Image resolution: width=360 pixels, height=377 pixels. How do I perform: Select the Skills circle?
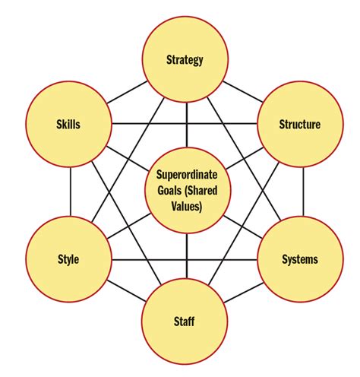click(68, 125)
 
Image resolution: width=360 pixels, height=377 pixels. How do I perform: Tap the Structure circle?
click(299, 125)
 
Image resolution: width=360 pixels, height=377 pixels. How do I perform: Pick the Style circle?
click(68, 259)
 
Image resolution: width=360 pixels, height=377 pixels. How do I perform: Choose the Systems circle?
click(299, 259)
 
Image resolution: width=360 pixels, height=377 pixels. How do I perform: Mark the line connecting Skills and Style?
click(70, 192)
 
